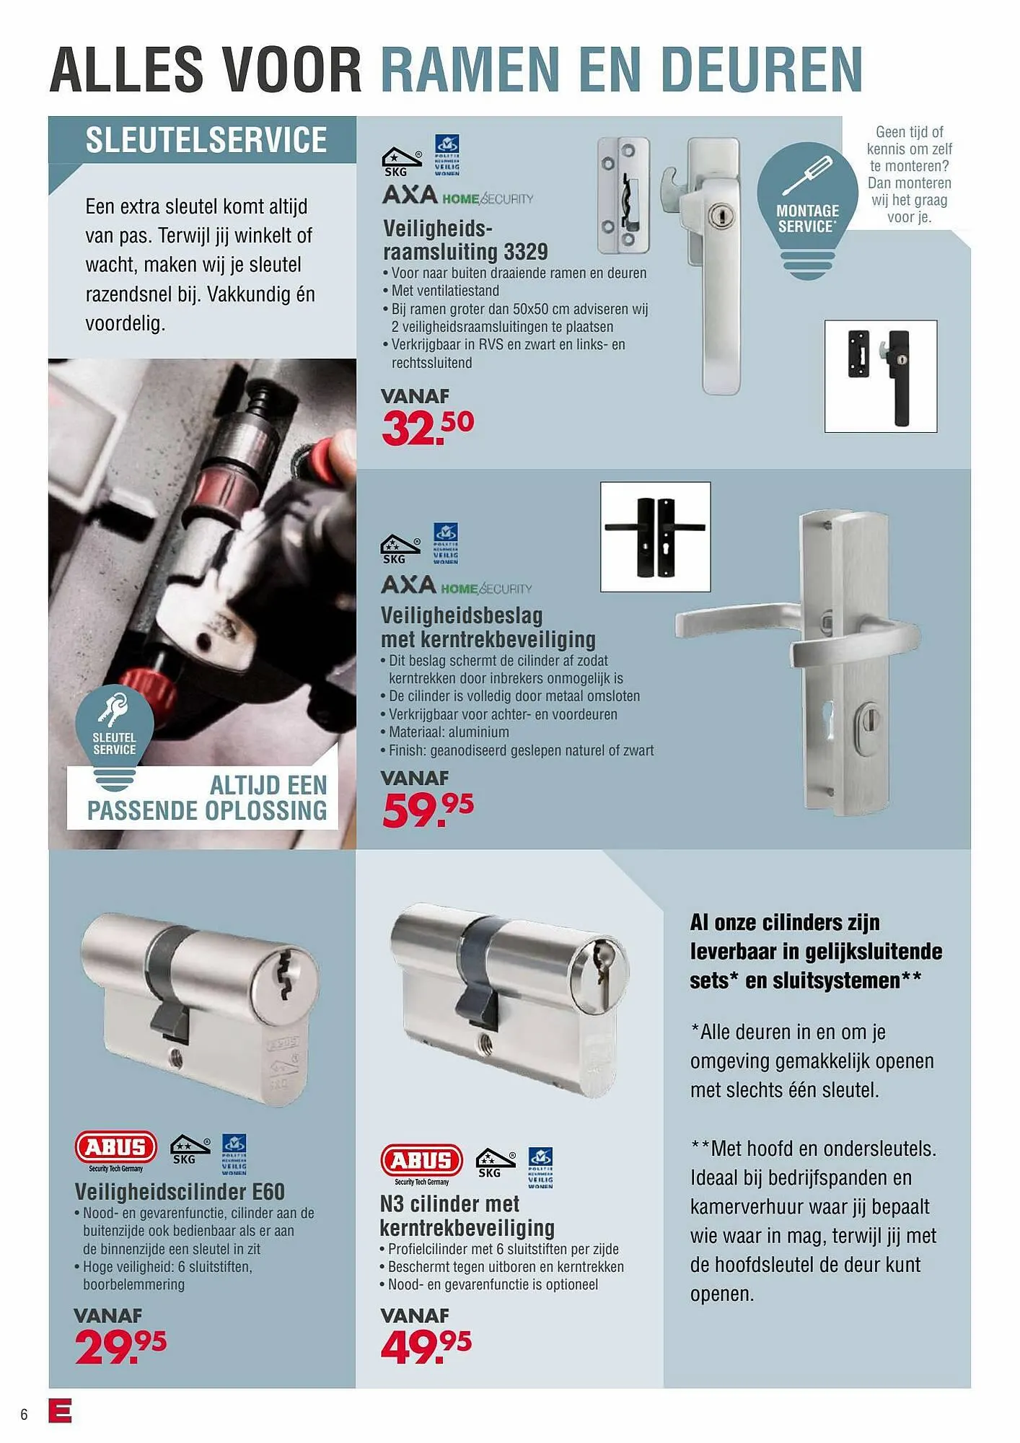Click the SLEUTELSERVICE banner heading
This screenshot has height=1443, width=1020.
tap(206, 140)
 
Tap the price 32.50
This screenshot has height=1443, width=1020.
tap(427, 427)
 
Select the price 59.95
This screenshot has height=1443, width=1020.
tap(427, 809)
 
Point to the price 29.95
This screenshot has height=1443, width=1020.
tap(120, 1346)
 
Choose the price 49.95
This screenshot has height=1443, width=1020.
tap(426, 1346)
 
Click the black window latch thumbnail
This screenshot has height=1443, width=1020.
tap(880, 376)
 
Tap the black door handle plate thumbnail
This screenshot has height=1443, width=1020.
tap(655, 537)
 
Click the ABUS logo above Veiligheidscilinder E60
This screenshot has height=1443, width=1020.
tap(116, 1146)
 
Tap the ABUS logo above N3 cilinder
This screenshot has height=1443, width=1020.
tap(421, 1160)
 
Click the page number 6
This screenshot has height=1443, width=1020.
tap(24, 1414)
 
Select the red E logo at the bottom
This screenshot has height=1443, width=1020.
tap(60, 1411)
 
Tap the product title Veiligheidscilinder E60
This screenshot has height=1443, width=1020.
tap(180, 1191)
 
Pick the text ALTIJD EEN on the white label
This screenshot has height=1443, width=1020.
tap(268, 785)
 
